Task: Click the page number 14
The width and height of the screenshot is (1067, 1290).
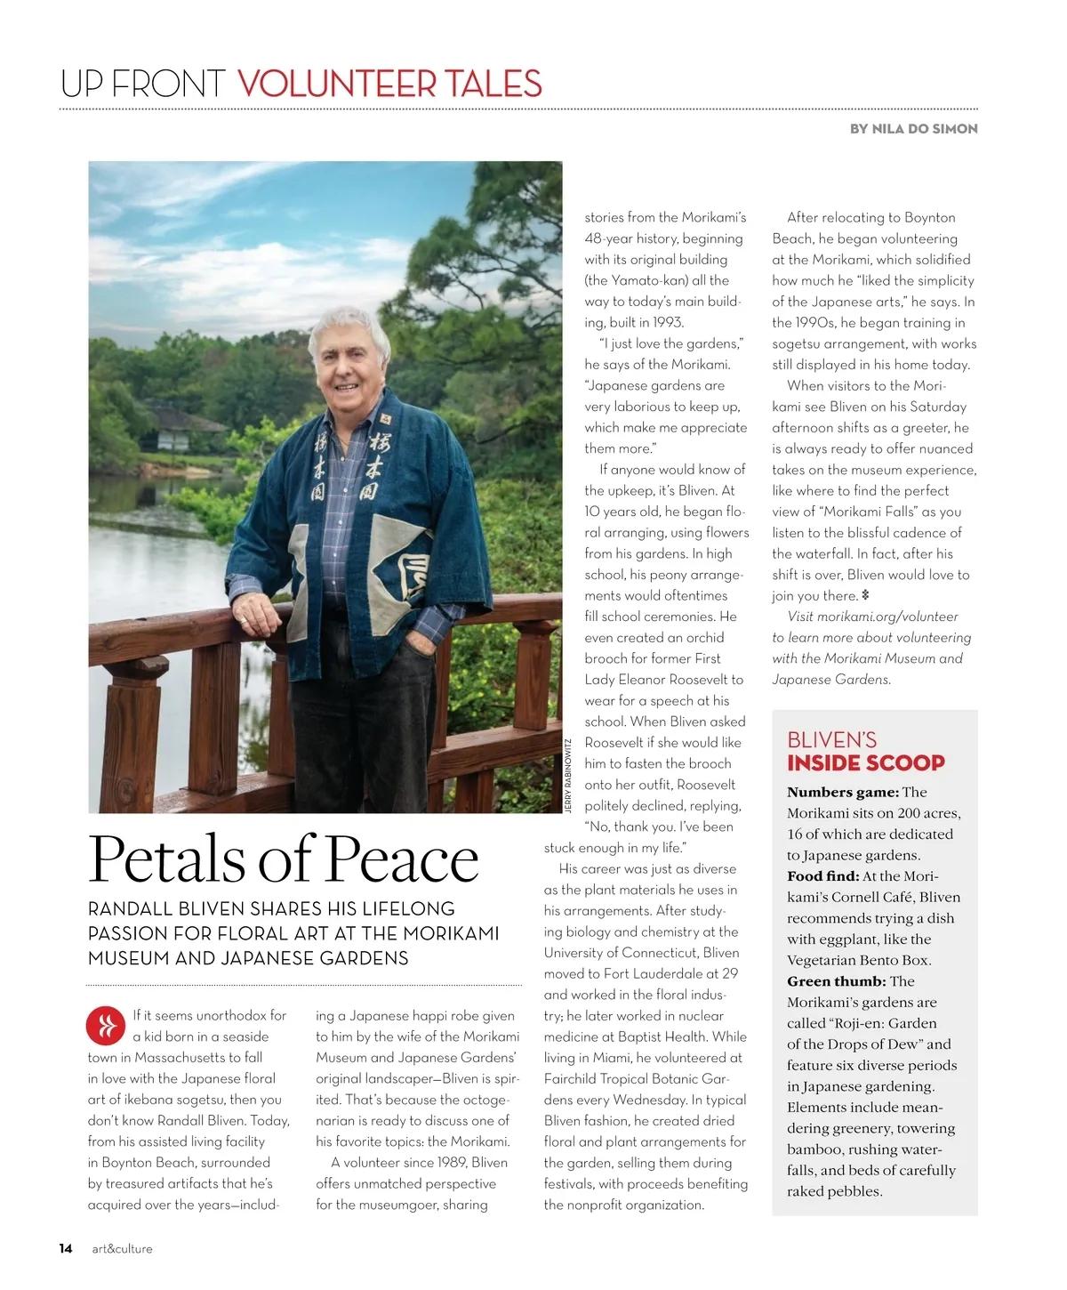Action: [x=66, y=1248]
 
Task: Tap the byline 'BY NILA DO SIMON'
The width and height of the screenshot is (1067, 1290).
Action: [x=913, y=129]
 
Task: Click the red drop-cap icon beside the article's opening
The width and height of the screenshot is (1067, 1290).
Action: [x=106, y=1026]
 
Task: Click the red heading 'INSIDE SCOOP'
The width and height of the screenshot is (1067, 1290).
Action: [x=865, y=762]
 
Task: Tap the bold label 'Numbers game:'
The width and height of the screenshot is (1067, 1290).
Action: [x=842, y=792]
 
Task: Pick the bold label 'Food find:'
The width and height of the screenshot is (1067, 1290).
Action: [x=822, y=876]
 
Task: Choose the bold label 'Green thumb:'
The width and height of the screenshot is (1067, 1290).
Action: [x=836, y=981]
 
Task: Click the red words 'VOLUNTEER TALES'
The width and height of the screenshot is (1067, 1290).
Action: [x=389, y=84]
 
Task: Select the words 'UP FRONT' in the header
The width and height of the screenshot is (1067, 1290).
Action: [x=142, y=84]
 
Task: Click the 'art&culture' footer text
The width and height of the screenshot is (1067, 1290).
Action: [x=122, y=1249]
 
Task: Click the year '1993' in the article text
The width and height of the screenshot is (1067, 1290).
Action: [x=666, y=322]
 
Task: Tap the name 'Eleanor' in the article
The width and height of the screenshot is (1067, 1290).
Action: [x=653, y=680]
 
